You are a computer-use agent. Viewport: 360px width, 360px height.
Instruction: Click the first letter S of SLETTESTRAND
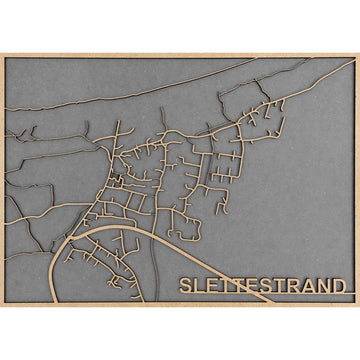(186, 284)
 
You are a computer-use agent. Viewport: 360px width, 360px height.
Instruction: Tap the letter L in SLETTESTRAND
(199, 284)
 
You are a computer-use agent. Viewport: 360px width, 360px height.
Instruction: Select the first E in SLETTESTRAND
(211, 284)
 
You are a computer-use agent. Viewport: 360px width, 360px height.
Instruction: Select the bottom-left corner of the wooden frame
(2, 304)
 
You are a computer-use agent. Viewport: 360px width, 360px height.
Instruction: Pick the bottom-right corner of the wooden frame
(357, 304)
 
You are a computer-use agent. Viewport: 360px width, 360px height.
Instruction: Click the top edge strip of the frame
(180, 55)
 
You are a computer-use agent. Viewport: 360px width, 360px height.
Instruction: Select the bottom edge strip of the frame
(180, 304)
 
